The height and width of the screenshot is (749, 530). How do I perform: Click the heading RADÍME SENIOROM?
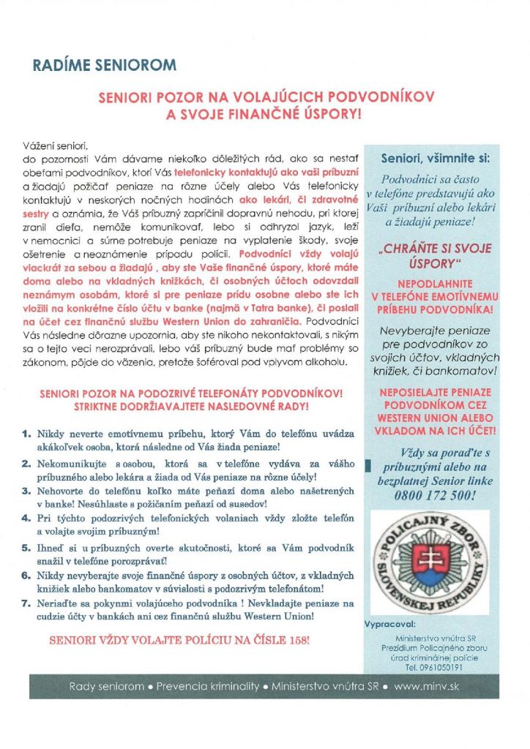(x=105, y=65)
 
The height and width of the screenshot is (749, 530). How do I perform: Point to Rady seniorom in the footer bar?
(x=106, y=687)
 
